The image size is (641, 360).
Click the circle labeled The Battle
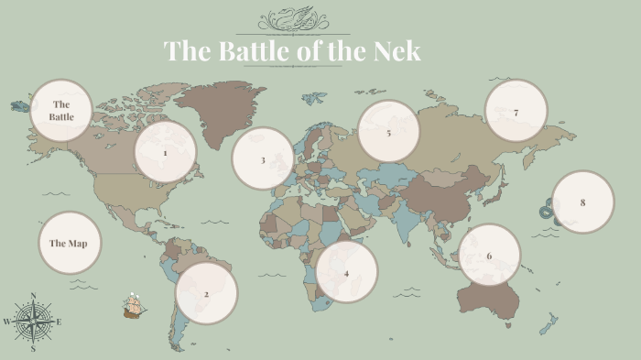click(x=62, y=111)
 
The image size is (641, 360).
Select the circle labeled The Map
click(x=70, y=243)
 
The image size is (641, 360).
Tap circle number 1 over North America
click(x=166, y=152)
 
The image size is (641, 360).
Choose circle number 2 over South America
click(x=207, y=293)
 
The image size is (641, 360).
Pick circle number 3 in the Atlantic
click(x=263, y=158)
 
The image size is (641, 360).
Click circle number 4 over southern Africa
click(x=346, y=272)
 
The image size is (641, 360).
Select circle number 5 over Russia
click(x=388, y=132)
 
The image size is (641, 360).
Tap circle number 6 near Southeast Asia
click(x=489, y=255)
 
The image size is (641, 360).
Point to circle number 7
click(x=516, y=112)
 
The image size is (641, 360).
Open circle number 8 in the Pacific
click(x=582, y=202)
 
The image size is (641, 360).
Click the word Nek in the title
click(x=397, y=50)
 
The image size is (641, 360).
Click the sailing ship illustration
click(x=135, y=306)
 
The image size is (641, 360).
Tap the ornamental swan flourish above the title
click(x=292, y=18)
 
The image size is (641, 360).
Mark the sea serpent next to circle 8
click(x=548, y=209)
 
